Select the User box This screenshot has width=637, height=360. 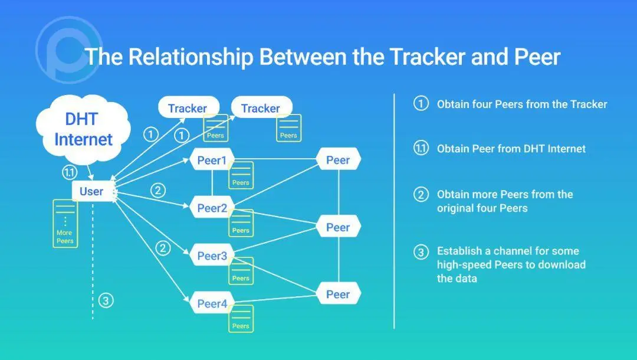[x=91, y=191]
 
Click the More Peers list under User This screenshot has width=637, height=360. [x=65, y=223]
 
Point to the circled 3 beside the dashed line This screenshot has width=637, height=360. [x=106, y=300]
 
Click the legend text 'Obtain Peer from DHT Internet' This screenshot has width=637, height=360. [x=511, y=149]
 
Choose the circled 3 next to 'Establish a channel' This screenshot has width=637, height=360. [x=421, y=253]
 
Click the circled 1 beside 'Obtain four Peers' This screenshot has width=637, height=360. [x=421, y=104]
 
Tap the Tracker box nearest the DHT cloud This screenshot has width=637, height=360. [x=188, y=108]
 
